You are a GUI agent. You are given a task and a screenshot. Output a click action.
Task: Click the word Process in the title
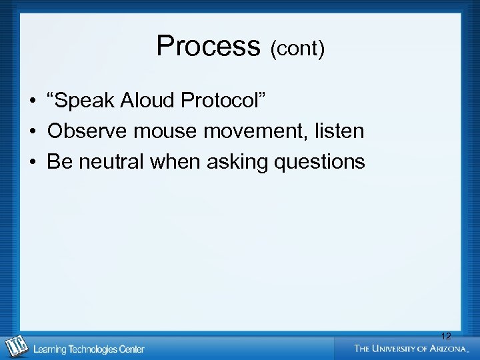[207, 47]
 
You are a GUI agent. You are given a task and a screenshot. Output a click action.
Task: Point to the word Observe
[87, 131]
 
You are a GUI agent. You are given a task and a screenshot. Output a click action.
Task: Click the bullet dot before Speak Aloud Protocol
[32, 102]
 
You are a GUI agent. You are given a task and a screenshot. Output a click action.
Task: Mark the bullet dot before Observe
[32, 132]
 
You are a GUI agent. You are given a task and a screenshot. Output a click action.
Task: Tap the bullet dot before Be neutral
[32, 162]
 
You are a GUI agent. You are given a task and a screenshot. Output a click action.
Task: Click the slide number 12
[446, 336]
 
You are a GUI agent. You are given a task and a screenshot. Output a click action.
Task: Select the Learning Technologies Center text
[89, 349]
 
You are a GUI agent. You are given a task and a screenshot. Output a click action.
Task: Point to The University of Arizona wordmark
[411, 348]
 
